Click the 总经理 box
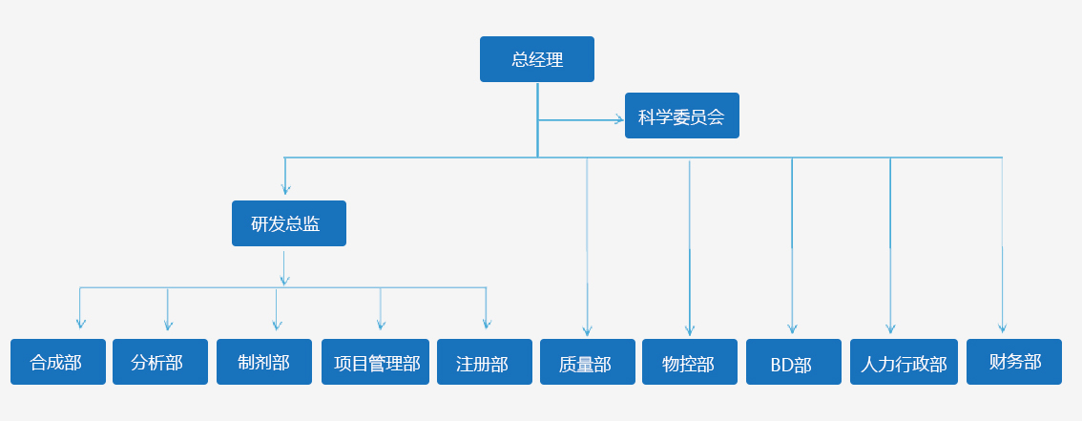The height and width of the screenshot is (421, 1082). coord(536,59)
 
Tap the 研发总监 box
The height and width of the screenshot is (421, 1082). coord(288,223)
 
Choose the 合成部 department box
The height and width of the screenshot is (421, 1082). coord(57,362)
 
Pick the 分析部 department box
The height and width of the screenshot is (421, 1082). coord(159,362)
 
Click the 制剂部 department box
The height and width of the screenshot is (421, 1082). coord(263,362)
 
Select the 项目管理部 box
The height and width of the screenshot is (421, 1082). coord(376,362)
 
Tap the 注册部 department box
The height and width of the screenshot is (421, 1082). coord(484,362)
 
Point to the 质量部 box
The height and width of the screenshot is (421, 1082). coord(587,362)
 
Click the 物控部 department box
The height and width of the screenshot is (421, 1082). coord(689,362)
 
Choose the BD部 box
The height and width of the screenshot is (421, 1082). coord(793,362)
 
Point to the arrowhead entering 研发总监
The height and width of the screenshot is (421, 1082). coord(285,190)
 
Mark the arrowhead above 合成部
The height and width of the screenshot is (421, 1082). coord(80,325)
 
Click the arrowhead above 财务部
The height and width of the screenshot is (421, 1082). coord(1002,326)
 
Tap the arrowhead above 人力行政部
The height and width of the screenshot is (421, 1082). coord(890,327)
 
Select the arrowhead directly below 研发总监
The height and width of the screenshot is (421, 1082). coord(283,281)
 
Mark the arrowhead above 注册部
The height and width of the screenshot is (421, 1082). coord(486,325)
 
